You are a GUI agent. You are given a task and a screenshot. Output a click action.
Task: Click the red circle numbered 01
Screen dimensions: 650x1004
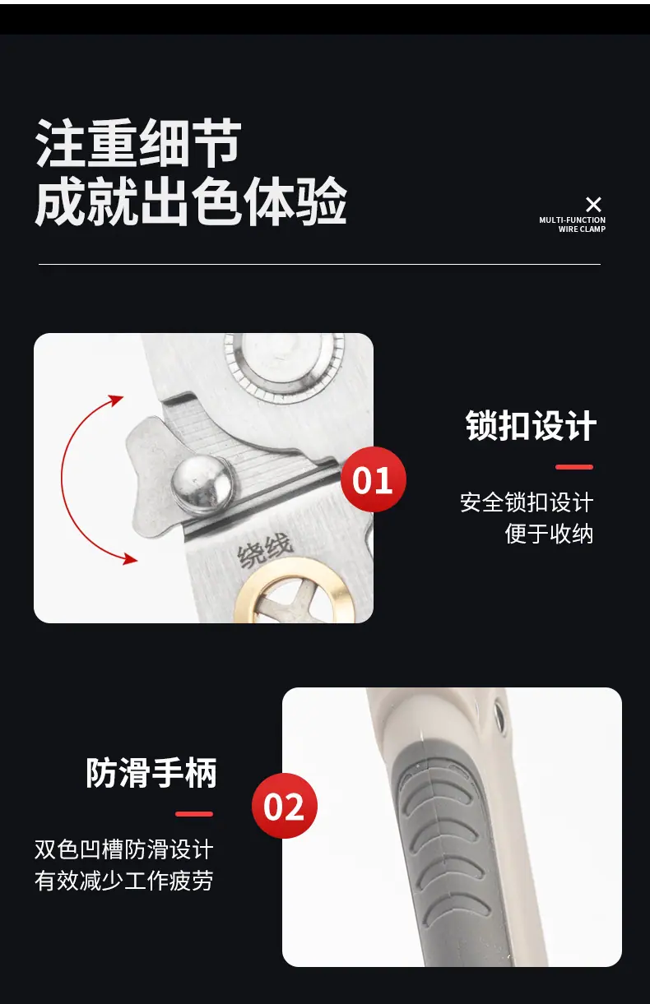click(x=374, y=479)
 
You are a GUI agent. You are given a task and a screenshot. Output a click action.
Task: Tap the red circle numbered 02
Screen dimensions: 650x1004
click(x=285, y=806)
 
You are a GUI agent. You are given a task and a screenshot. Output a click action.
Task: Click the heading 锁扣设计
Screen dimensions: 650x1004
click(x=531, y=425)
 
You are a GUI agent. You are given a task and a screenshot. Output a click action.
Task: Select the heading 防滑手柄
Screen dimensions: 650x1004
click(x=151, y=773)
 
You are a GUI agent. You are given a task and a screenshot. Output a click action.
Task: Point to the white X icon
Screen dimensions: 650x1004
click(x=593, y=205)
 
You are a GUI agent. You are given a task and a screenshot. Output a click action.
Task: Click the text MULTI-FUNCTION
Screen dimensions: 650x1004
click(x=572, y=220)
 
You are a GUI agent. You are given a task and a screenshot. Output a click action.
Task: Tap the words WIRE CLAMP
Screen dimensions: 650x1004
click(x=582, y=229)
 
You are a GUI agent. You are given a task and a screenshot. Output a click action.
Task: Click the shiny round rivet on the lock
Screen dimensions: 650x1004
click(x=201, y=485)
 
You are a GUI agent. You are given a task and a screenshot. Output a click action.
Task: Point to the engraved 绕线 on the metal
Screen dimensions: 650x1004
click(x=265, y=550)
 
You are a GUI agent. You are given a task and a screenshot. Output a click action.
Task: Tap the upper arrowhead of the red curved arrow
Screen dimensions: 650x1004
click(x=117, y=400)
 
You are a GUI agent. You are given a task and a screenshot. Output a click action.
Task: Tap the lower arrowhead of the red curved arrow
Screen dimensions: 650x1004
click(x=130, y=559)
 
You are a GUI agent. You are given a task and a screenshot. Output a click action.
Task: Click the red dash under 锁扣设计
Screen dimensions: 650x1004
click(x=574, y=467)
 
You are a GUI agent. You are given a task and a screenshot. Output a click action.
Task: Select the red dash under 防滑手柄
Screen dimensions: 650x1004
click(x=194, y=814)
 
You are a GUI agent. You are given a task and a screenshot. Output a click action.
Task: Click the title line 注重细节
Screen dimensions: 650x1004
click(x=138, y=143)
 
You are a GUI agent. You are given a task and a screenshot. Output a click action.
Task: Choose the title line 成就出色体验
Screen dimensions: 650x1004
click(x=191, y=201)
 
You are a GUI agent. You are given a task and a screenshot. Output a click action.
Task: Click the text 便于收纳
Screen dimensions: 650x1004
click(x=549, y=534)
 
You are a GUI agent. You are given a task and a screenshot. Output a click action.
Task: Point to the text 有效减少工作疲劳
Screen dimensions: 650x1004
click(x=123, y=881)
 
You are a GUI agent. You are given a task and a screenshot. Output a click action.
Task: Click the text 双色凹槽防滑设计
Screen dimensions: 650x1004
click(x=123, y=849)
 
